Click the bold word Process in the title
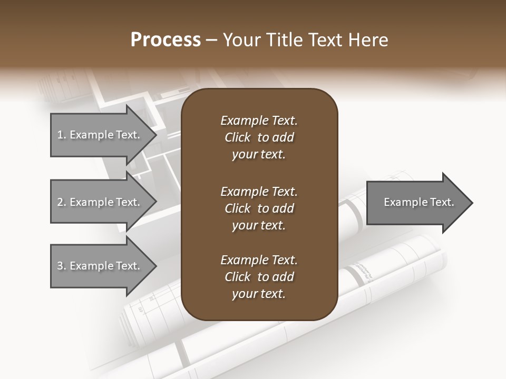tap(166, 40)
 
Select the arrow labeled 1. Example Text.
tap(100, 135)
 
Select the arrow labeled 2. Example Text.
tap(100, 202)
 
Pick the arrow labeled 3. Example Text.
tap(100, 266)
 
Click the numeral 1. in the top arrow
tap(62, 135)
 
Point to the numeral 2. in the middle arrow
tap(62, 202)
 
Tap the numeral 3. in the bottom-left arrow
tap(62, 266)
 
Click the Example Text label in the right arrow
tap(419, 202)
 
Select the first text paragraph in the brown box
tap(259, 137)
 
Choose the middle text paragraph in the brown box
tap(259, 208)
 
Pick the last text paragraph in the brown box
tap(259, 277)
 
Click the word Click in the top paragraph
tap(238, 137)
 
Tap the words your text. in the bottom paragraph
tap(259, 294)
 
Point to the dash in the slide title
tap(211, 41)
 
